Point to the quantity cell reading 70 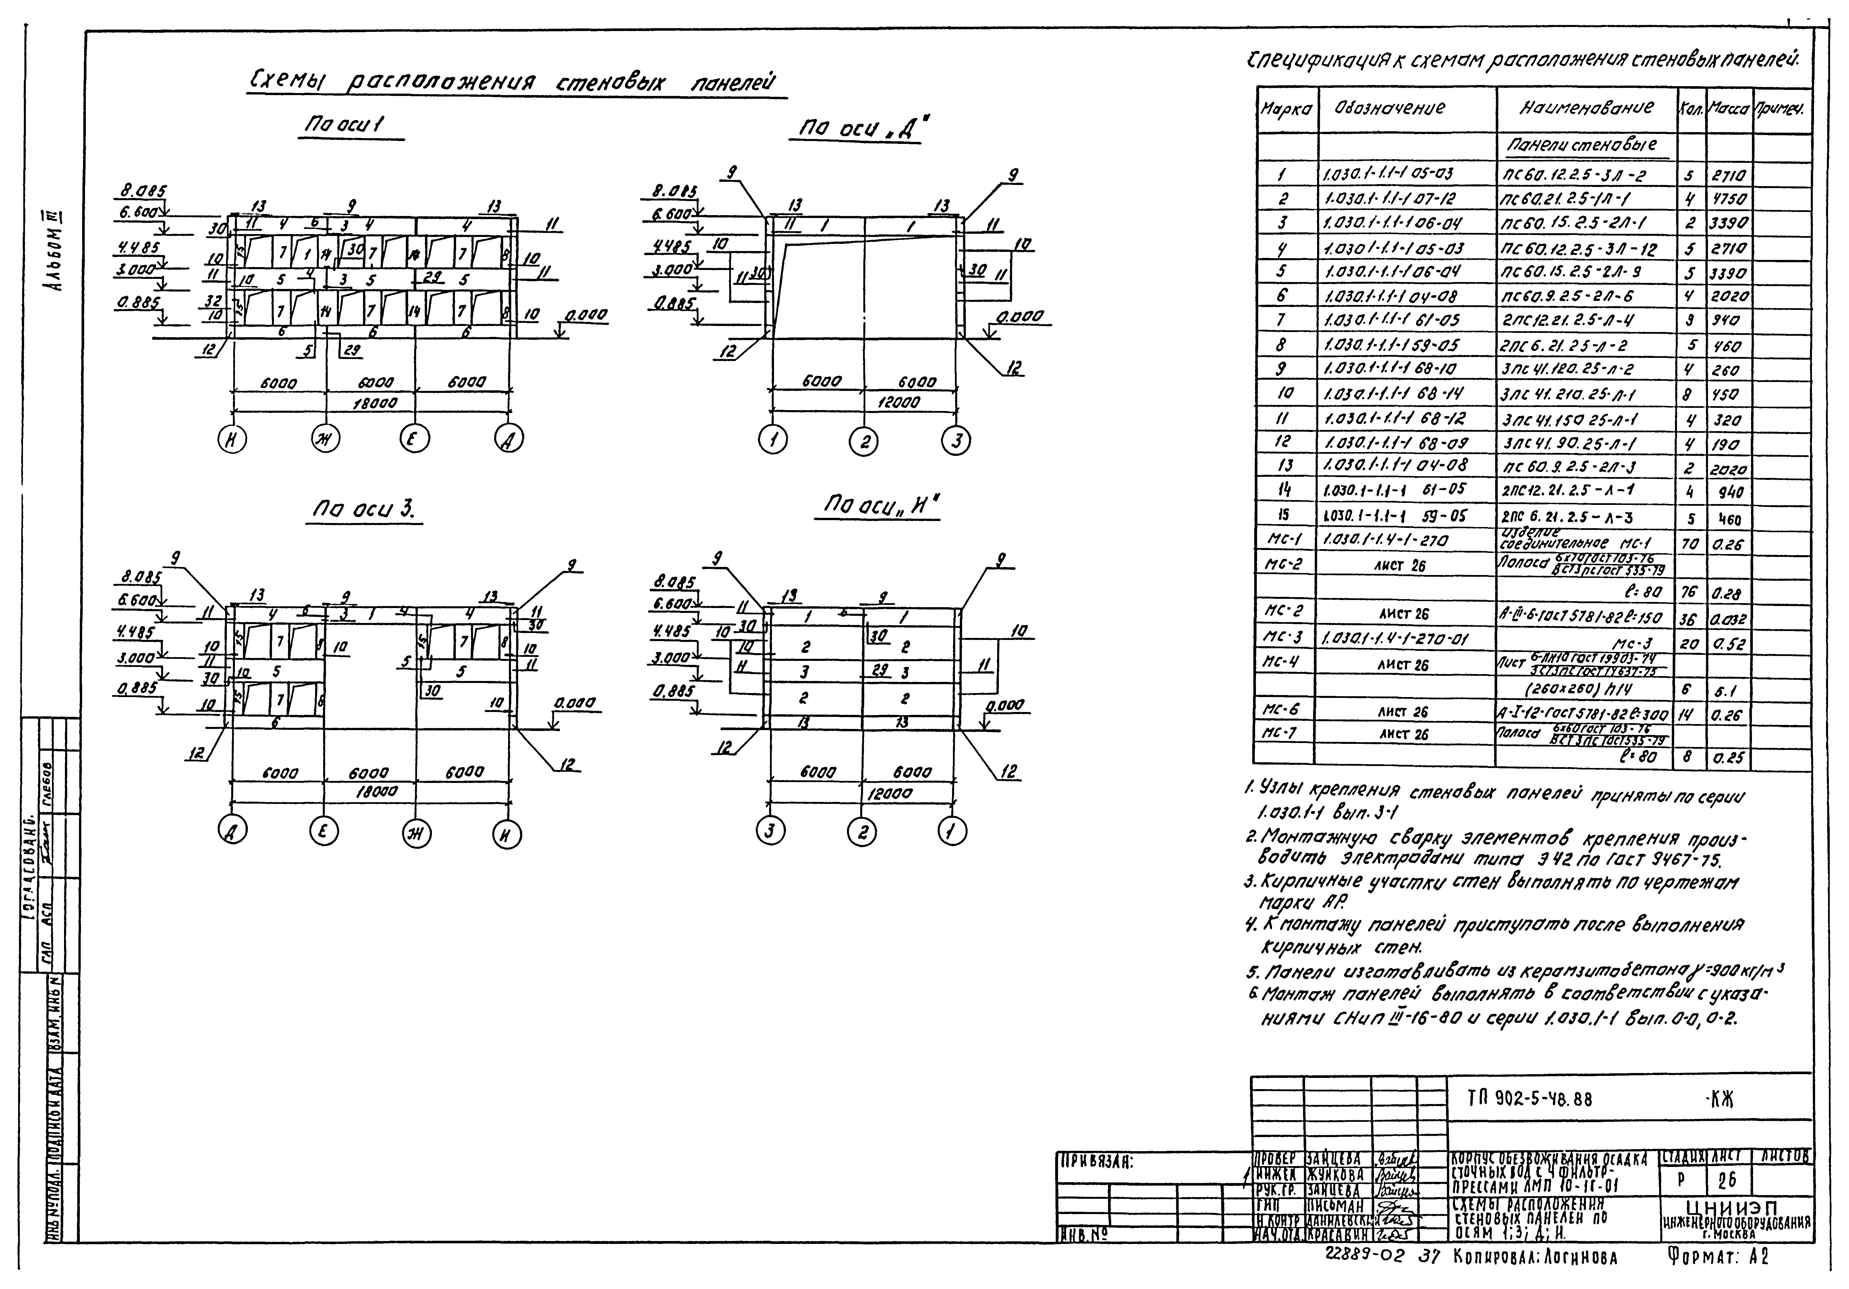click(x=1690, y=543)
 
